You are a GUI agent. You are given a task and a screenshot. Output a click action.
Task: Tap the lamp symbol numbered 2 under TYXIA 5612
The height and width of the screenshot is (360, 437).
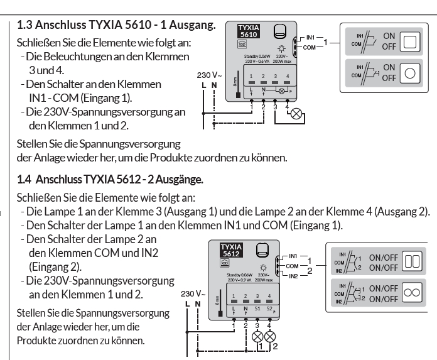tap(270, 335)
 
